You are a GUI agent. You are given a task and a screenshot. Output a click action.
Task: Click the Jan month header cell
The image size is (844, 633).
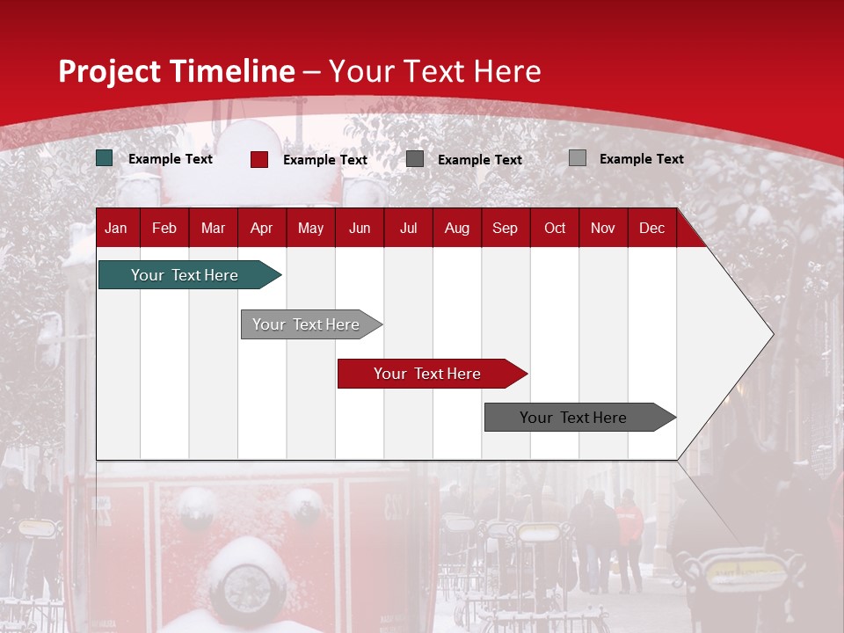pos(117,228)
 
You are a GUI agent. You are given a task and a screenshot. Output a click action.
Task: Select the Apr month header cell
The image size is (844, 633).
pos(262,228)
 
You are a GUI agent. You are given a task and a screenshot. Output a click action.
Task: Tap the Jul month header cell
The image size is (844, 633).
pos(408,228)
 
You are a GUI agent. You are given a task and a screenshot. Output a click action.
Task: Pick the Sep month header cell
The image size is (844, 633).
pos(506,228)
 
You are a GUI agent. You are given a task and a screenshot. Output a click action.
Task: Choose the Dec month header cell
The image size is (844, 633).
pos(651,228)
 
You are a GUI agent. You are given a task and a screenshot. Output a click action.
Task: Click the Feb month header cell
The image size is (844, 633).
pos(164,228)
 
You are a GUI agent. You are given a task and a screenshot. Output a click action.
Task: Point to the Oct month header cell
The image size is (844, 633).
pos(555,228)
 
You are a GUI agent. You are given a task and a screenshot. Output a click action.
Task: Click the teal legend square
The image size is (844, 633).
pos(105,158)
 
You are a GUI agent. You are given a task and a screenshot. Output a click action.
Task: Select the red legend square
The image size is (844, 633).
pos(259,159)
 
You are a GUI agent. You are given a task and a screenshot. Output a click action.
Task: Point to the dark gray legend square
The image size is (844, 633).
pos(415,159)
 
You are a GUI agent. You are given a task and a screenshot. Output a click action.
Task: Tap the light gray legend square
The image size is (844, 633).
pos(578,158)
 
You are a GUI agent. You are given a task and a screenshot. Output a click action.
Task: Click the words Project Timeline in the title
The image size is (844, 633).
pos(177,71)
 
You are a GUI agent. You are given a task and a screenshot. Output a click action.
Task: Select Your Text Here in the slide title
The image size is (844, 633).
pos(435,71)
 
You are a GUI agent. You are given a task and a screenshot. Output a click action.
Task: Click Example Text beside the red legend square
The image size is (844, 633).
pos(325,160)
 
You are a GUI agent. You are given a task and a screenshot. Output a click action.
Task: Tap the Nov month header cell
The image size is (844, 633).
pos(603,228)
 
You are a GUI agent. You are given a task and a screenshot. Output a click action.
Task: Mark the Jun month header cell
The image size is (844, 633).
pos(360,228)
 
